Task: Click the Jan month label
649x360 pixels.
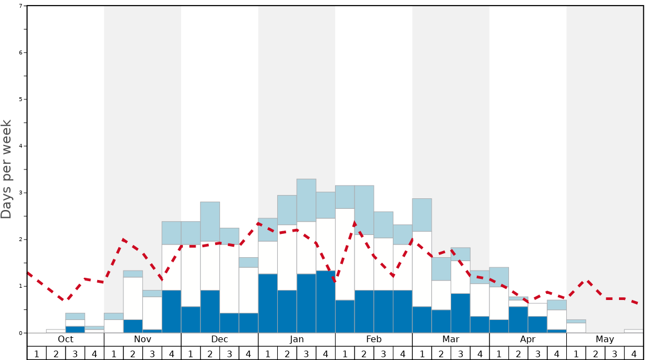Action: [x=297, y=339]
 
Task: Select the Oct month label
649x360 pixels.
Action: [x=66, y=339]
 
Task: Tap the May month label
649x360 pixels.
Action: [x=605, y=339]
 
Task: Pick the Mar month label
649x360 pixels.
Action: [x=451, y=339]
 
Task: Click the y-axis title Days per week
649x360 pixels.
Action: [x=7, y=169]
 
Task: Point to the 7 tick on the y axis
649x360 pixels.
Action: [x=21, y=6]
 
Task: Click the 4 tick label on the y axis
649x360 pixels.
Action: [x=21, y=146]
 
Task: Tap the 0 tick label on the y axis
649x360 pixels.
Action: [x=21, y=333]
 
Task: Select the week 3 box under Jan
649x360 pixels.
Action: [x=306, y=353]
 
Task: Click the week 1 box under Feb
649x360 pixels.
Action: [x=345, y=353]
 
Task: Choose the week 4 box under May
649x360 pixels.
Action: [x=633, y=353]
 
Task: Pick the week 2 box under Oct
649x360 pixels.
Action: [x=56, y=353]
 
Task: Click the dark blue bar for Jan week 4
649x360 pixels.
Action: [x=326, y=302]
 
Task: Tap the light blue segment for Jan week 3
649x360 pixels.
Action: [x=306, y=200]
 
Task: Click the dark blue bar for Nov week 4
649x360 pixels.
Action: [x=171, y=311]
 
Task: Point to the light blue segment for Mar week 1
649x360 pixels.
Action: [x=422, y=215]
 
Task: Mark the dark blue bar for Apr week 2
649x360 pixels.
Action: [x=518, y=319]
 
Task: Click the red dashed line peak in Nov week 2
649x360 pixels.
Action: [x=123, y=239]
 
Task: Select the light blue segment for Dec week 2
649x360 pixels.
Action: [x=210, y=221]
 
